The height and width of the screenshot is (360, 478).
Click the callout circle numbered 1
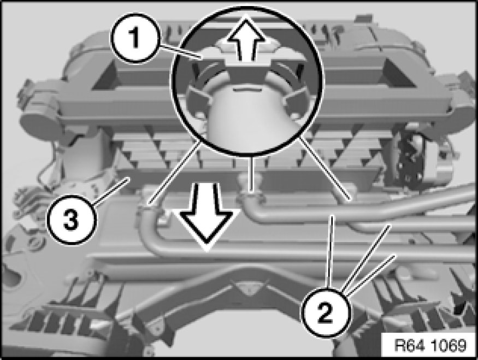click(134, 38)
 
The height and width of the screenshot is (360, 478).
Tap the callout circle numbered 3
click(71, 220)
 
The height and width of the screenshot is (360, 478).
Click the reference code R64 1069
click(430, 345)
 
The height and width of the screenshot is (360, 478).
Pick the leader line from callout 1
click(180, 51)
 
